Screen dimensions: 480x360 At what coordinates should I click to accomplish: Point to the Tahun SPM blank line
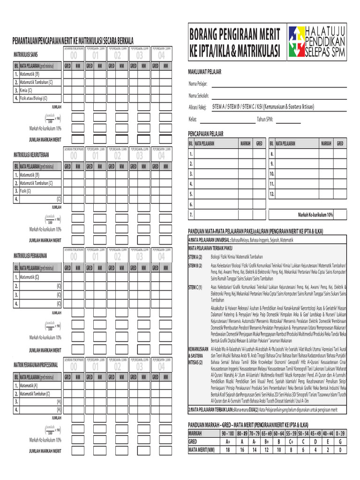pyautogui.click(x=288, y=120)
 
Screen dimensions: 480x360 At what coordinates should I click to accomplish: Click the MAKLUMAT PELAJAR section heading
pyautogui.click(x=205, y=72)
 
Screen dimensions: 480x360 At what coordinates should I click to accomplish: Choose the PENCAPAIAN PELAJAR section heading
pyautogui.click(x=206, y=134)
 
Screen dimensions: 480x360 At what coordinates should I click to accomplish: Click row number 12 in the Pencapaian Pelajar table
pyautogui.click(x=272, y=194)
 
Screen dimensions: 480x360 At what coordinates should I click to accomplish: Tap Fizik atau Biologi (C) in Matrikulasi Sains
pyautogui.click(x=33, y=98)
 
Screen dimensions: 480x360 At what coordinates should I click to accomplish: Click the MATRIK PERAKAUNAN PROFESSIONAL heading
pyautogui.click(x=36, y=365)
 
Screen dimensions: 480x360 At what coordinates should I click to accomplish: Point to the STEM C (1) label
pyautogui.click(x=195, y=287)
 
